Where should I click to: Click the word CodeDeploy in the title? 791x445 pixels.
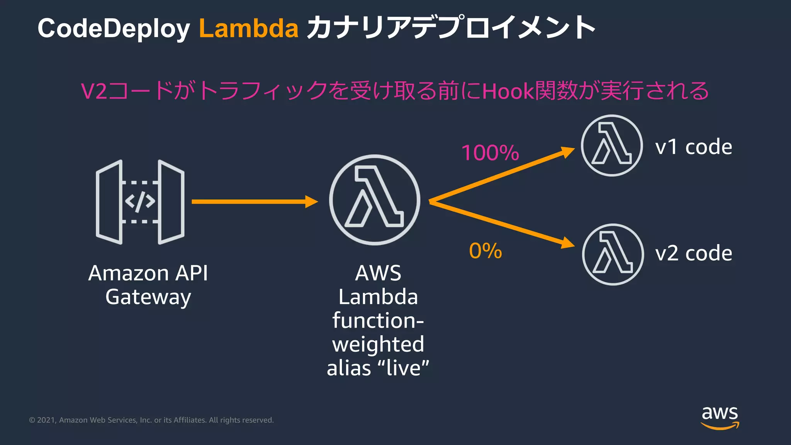113,29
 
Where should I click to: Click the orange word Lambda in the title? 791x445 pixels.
248,29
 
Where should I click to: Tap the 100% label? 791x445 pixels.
490,153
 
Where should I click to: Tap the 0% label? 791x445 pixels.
485,251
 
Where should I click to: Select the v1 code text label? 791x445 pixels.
693,147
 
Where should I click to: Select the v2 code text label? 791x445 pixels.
693,253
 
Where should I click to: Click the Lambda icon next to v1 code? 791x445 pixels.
612,146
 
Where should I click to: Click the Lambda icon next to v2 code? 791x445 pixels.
613,255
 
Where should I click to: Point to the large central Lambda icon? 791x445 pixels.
374,200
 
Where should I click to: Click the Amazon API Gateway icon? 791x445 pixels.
140,202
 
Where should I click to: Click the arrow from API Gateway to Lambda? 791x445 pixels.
251,202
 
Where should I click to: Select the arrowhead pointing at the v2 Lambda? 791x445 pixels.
567,243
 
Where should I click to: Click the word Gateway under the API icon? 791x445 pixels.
148,297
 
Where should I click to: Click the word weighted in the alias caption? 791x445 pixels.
378,344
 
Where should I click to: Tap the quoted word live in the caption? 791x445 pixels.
403,368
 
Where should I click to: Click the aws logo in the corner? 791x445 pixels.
720,417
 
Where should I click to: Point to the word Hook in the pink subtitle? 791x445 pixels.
508,92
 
